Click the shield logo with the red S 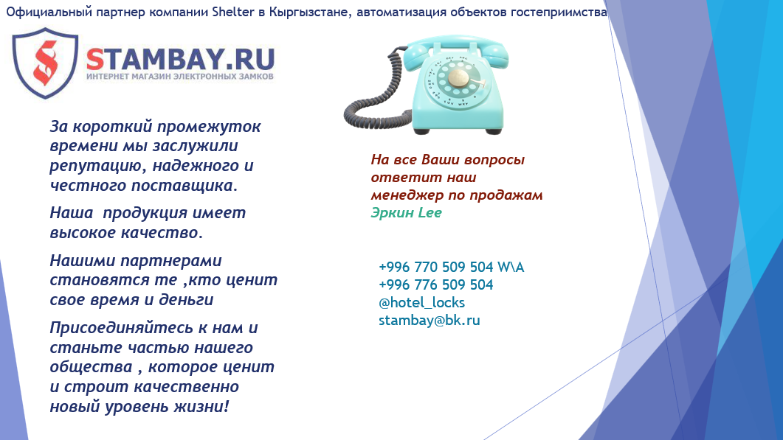(46, 63)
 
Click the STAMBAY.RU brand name (180, 60)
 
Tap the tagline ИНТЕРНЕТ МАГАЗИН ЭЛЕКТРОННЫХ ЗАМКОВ (180, 77)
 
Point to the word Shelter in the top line (233, 12)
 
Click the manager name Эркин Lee (406, 212)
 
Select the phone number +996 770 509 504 (436, 267)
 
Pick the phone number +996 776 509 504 (436, 284)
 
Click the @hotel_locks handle (421, 303)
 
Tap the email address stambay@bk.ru (429, 321)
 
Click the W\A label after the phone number (511, 267)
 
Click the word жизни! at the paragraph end (201, 407)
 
